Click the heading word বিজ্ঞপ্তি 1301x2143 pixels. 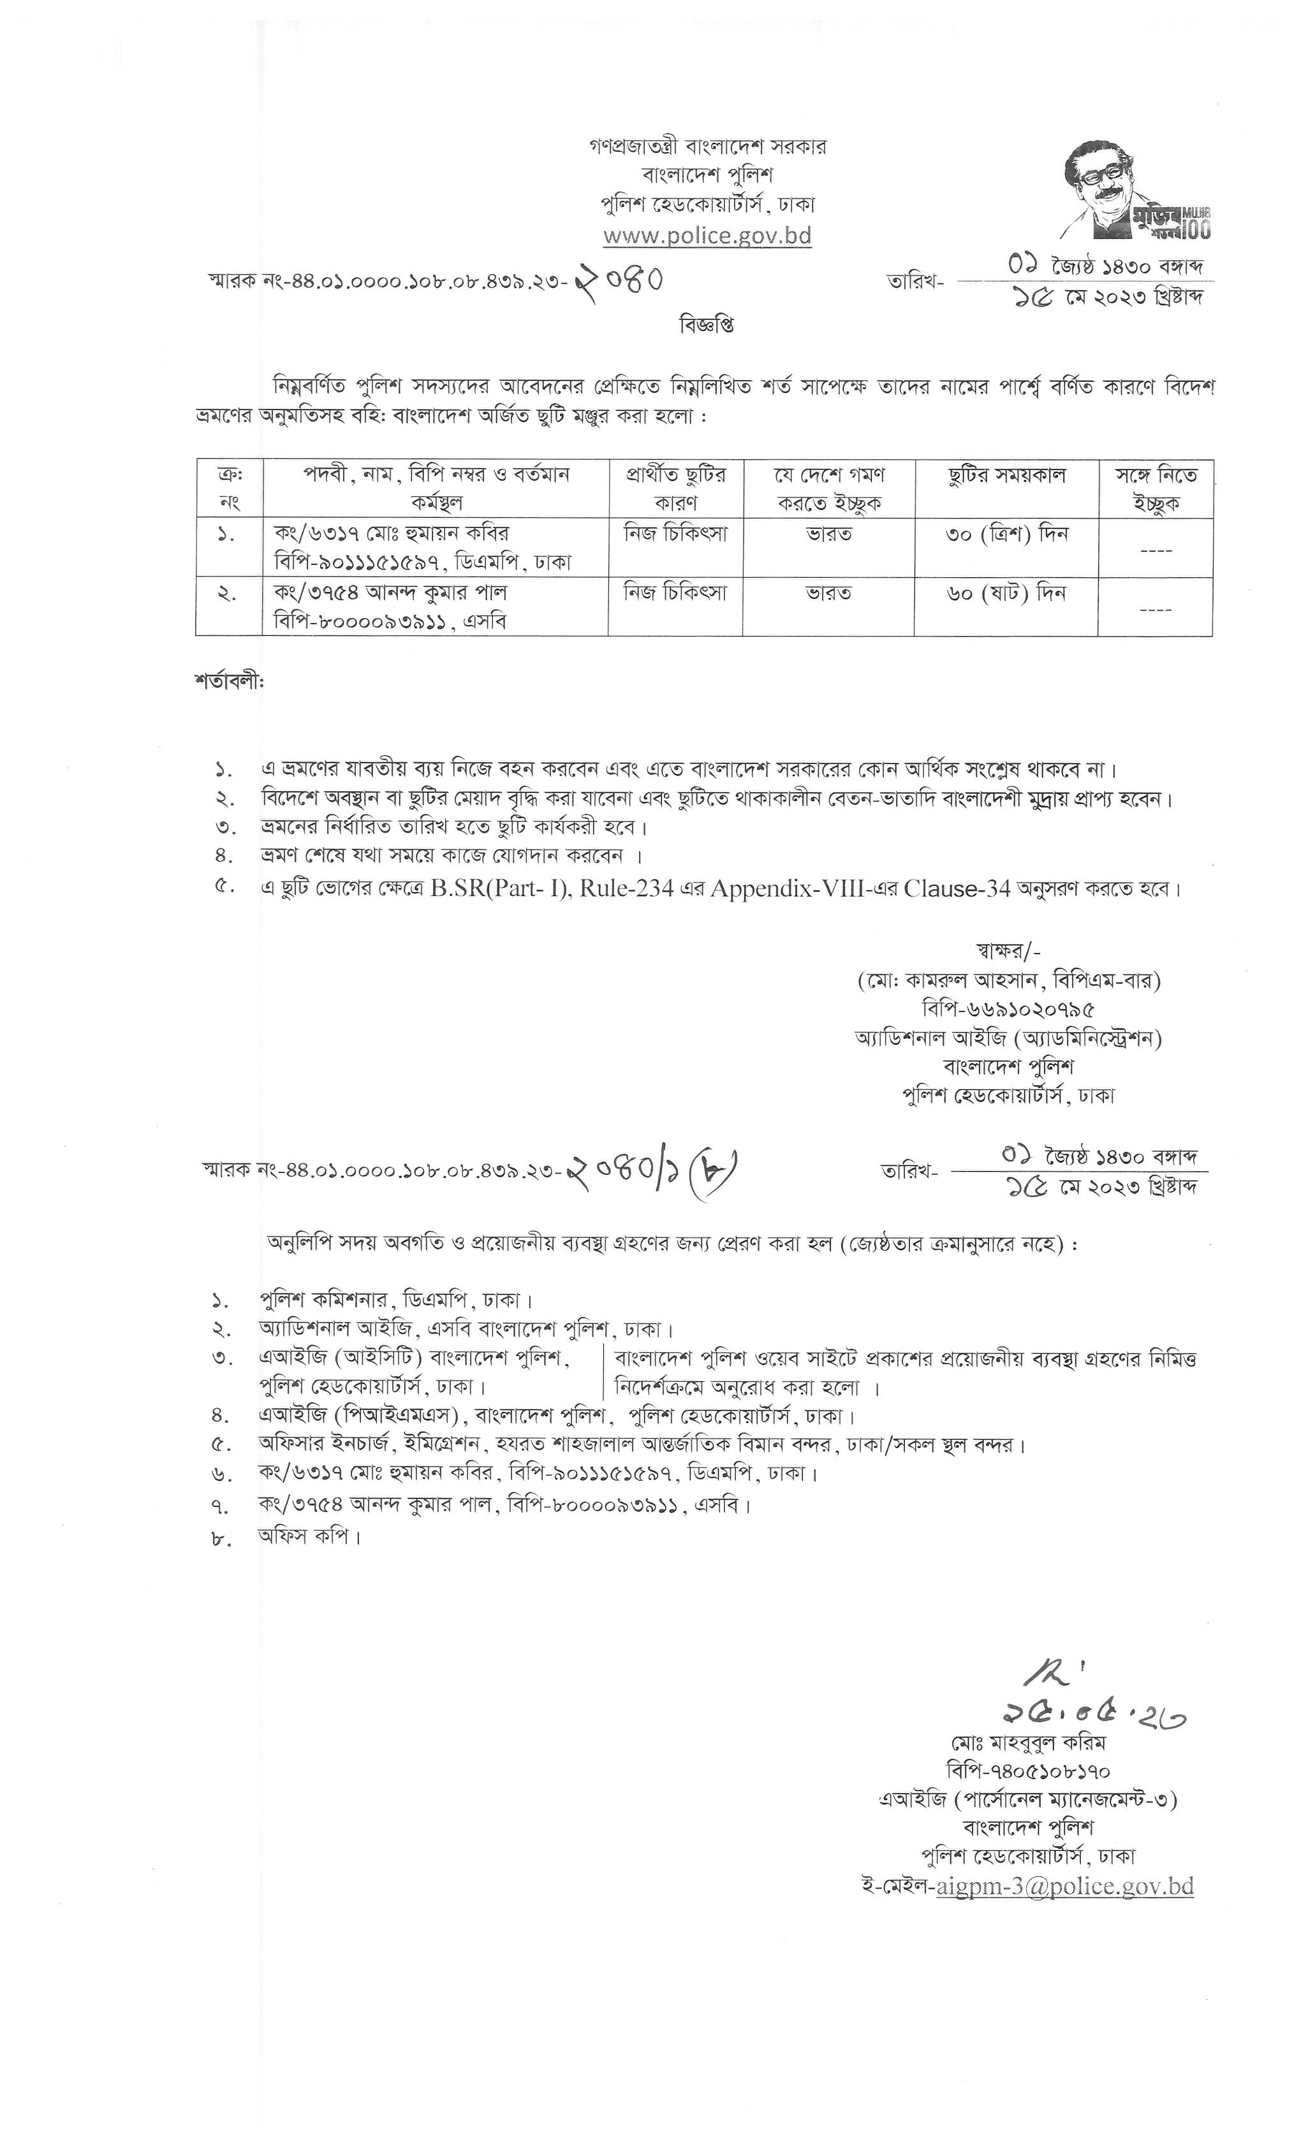(705, 325)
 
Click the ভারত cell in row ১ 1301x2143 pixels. (828, 534)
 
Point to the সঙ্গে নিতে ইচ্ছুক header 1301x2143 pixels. (1156, 489)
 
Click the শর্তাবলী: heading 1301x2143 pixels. (229, 682)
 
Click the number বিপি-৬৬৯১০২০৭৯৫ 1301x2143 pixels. (1008, 1009)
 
